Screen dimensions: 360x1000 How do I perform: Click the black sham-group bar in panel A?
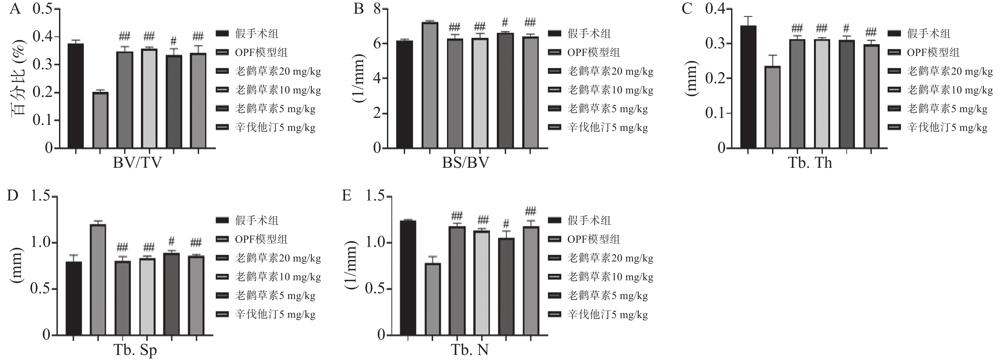76,96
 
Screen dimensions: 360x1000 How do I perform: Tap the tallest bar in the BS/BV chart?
430,85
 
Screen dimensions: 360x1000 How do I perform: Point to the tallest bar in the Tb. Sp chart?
98,280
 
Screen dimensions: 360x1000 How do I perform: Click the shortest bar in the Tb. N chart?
432,299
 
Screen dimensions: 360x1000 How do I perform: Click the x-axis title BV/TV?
137,163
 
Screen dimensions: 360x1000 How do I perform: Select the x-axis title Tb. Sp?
135,350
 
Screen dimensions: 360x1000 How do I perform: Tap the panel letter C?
687,9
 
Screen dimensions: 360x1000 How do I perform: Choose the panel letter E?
346,196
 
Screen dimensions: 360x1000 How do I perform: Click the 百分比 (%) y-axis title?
18,78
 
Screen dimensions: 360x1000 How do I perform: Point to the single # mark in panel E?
506,224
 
